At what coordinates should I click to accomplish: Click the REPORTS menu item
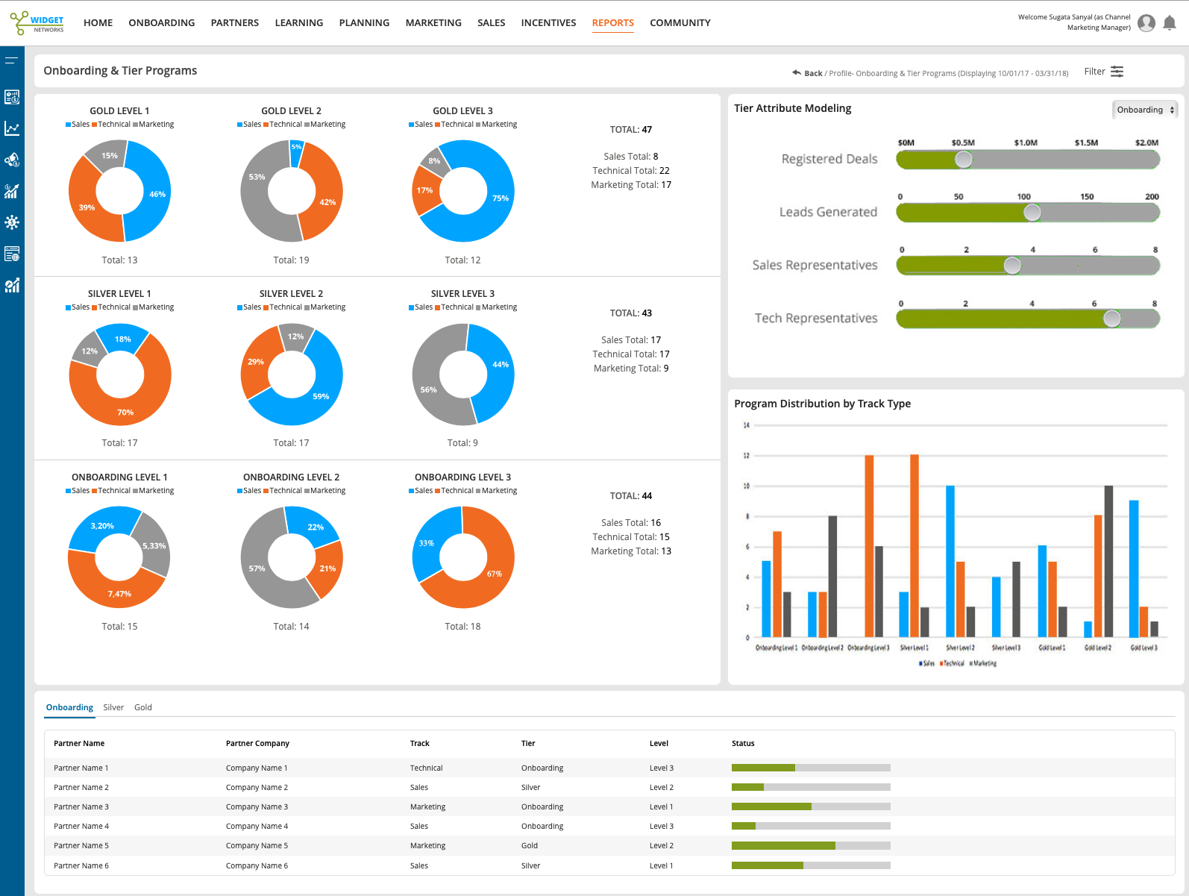coord(612,23)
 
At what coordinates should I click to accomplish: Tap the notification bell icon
coord(1170,23)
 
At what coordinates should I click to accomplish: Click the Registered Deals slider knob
coord(964,159)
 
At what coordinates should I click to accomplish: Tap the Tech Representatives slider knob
coord(1111,319)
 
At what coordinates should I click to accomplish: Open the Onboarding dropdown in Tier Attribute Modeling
coord(1145,110)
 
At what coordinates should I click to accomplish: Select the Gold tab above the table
coord(143,707)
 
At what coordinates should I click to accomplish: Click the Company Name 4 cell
coord(257,826)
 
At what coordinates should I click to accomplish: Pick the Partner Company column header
coord(257,743)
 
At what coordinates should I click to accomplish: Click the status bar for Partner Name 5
coord(811,845)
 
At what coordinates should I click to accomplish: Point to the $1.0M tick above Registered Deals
coord(1026,142)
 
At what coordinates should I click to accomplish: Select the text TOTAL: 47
coord(631,130)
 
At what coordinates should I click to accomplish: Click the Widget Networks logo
coord(38,23)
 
